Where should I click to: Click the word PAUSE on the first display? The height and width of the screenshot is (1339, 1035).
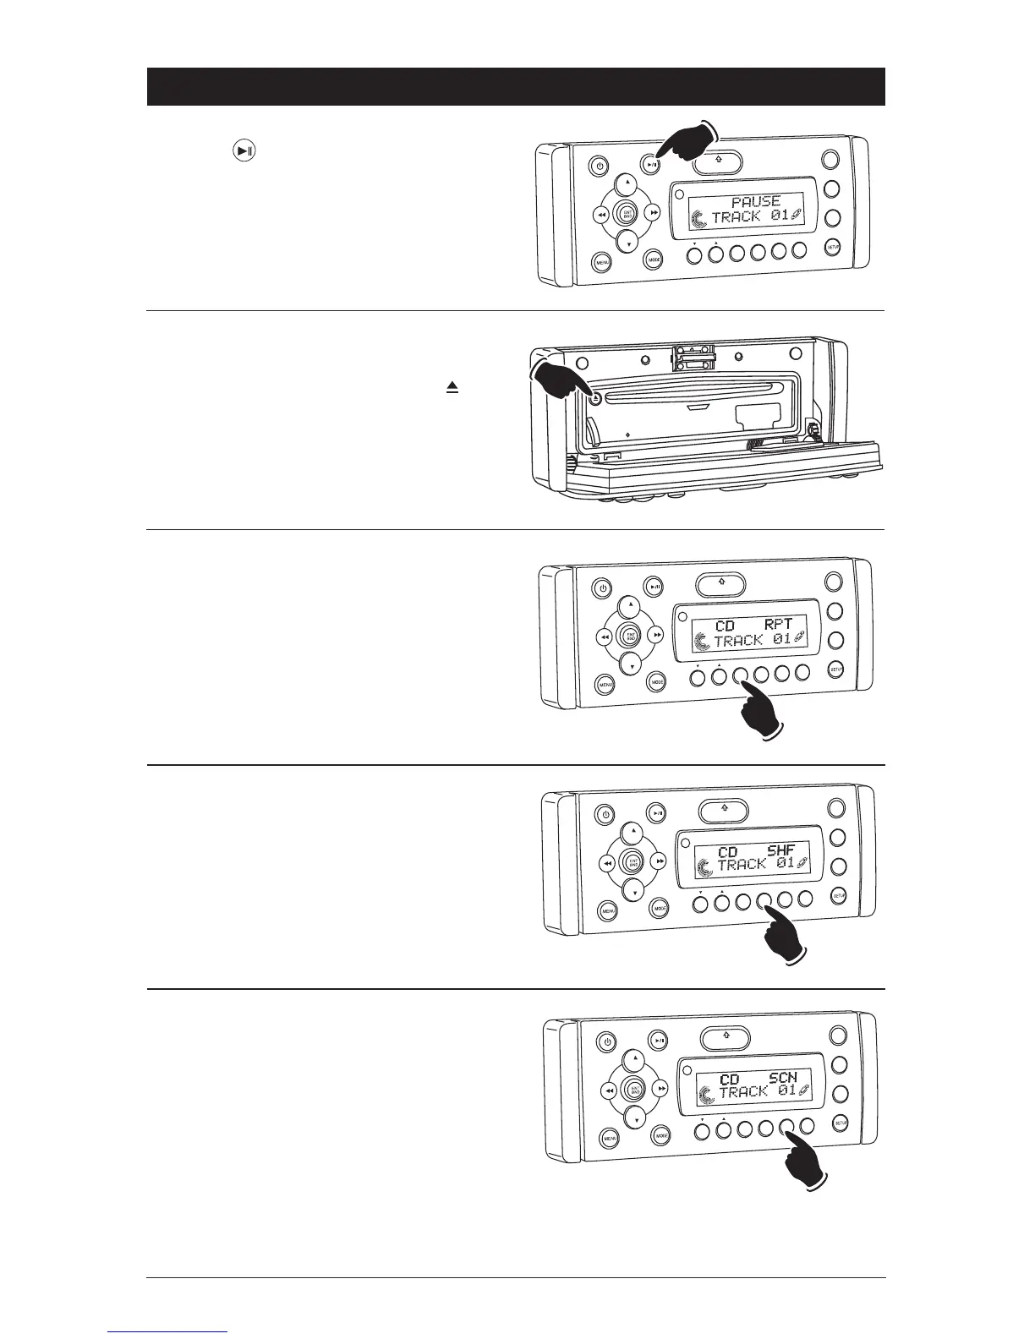pos(755,202)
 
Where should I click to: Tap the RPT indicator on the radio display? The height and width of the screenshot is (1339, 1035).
pos(778,625)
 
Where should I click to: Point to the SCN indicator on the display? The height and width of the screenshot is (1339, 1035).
pos(782,1078)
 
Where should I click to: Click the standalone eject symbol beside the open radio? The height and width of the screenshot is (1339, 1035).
pos(452,387)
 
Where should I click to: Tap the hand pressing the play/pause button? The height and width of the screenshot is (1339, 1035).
pos(689,144)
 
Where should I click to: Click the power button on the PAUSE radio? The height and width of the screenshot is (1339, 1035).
pos(599,166)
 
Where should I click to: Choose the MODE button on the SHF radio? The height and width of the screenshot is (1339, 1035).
pos(661,909)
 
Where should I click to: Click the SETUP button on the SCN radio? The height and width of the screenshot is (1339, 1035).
pos(841,1123)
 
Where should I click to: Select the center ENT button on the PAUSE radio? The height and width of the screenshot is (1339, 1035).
pos(627,215)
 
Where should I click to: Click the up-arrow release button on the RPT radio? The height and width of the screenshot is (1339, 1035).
pos(720,582)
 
